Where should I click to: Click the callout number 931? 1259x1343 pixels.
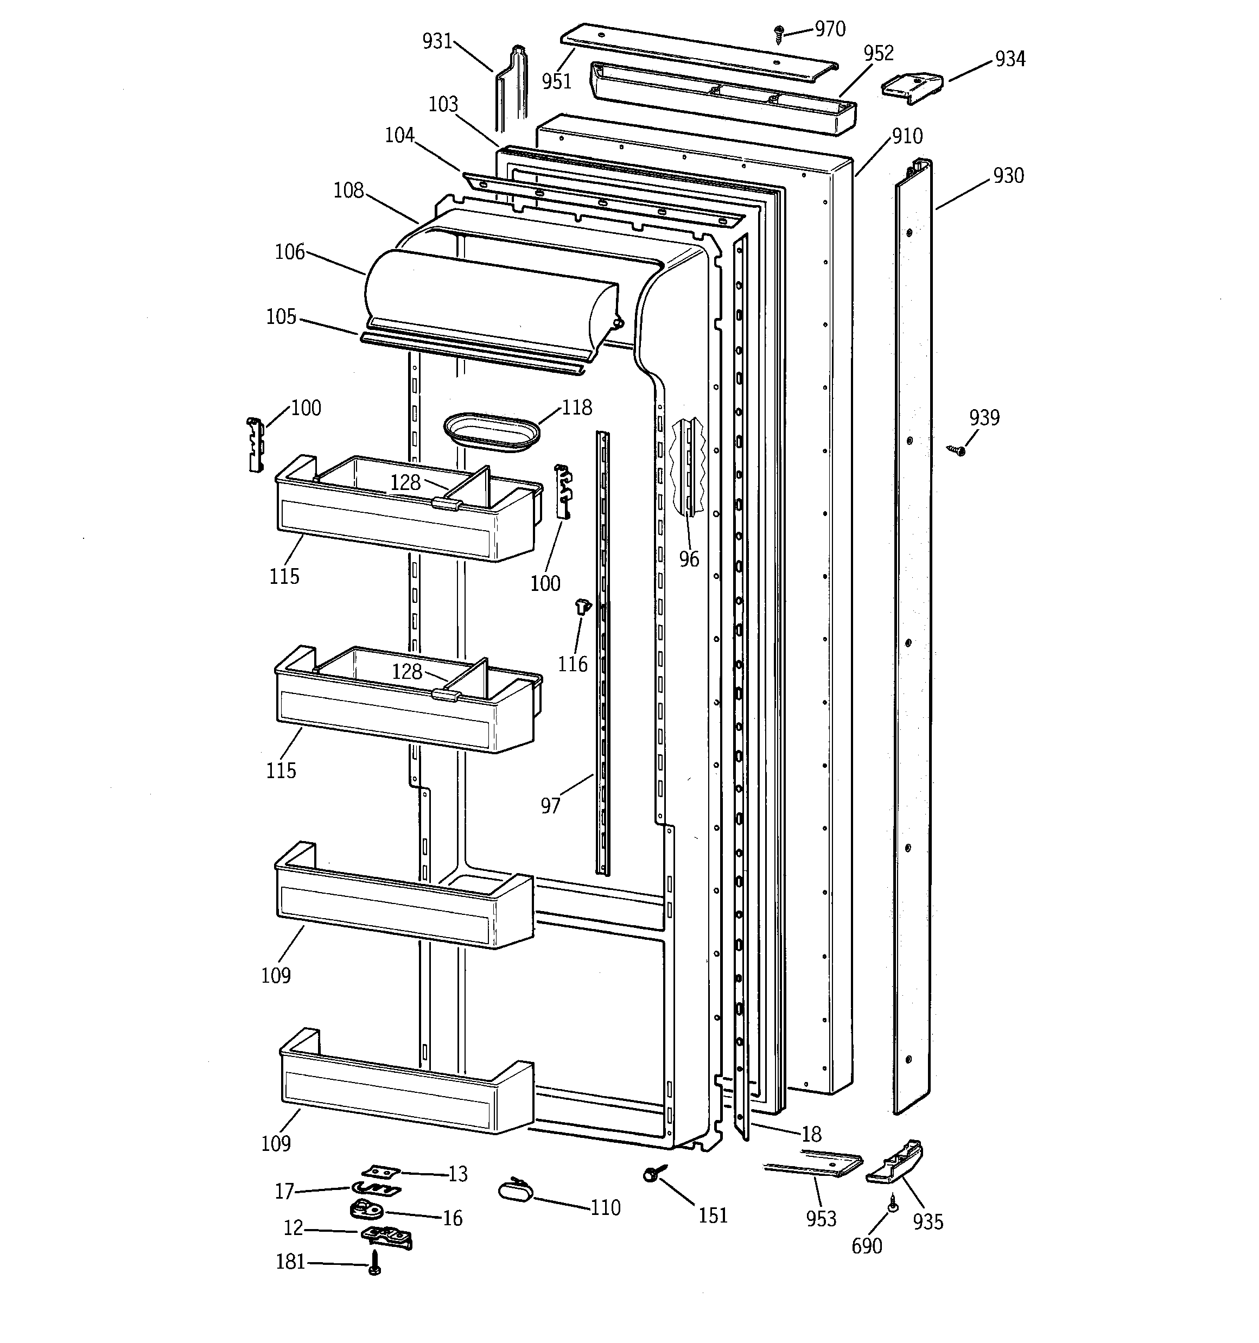pyautogui.click(x=437, y=41)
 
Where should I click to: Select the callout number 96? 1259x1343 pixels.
pyautogui.click(x=689, y=559)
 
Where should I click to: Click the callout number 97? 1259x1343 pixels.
pyautogui.click(x=550, y=805)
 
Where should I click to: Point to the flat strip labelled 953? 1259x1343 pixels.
pyautogui.click(x=815, y=1166)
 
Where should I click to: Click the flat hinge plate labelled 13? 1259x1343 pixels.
pyautogui.click(x=380, y=1171)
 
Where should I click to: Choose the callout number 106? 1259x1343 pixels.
pyautogui.click(x=289, y=252)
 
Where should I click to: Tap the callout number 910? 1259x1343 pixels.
pyautogui.click(x=907, y=136)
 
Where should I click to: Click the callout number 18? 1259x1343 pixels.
pyautogui.click(x=811, y=1134)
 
